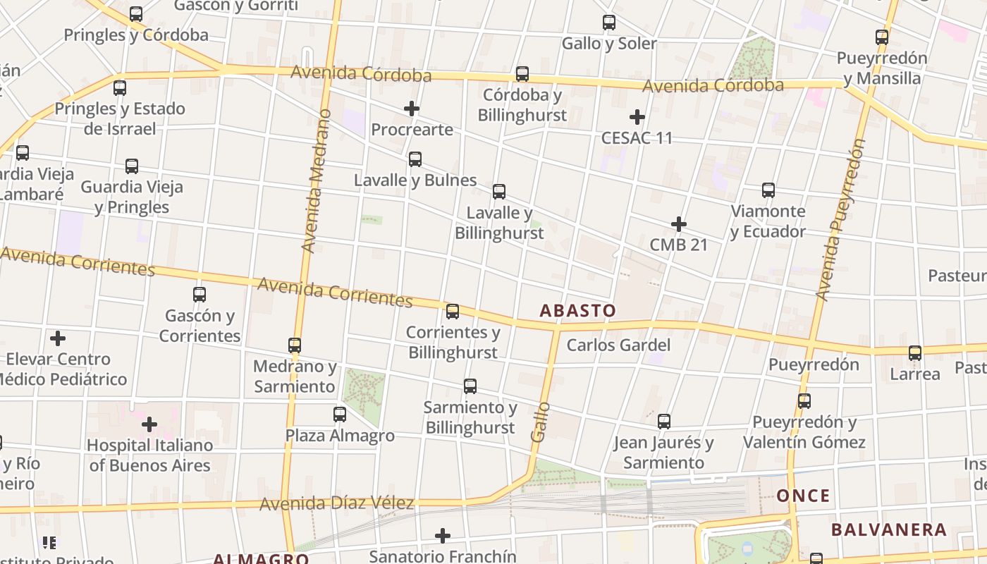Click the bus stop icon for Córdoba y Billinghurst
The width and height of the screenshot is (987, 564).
coord(522,73)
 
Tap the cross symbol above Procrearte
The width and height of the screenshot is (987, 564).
coord(412,109)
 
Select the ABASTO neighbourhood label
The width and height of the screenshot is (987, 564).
coord(577,310)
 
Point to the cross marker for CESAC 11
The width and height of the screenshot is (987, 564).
coord(637,117)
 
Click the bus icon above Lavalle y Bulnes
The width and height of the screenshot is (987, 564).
coord(415,159)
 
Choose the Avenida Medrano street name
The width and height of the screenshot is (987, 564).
coord(314,180)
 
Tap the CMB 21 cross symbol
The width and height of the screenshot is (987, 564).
coord(679,224)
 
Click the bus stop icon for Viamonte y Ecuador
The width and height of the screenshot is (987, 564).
coord(768,190)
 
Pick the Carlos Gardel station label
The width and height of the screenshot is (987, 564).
coord(618,345)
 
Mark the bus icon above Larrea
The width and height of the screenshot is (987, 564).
coord(915,353)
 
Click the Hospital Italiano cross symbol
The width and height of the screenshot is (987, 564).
coord(149,424)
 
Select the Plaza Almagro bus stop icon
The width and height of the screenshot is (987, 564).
coord(340,415)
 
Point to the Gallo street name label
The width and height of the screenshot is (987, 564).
coord(540,422)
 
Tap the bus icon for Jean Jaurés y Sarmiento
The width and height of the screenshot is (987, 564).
coord(663,422)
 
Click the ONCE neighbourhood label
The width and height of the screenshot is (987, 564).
coord(803,496)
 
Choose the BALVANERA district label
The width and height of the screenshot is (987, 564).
coord(888,529)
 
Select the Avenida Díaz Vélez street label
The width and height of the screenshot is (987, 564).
coord(336,504)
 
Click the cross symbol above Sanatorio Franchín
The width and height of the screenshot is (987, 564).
coord(443,536)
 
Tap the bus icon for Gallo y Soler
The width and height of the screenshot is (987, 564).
coord(609,23)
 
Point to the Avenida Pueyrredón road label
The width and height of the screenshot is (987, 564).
coord(840,220)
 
